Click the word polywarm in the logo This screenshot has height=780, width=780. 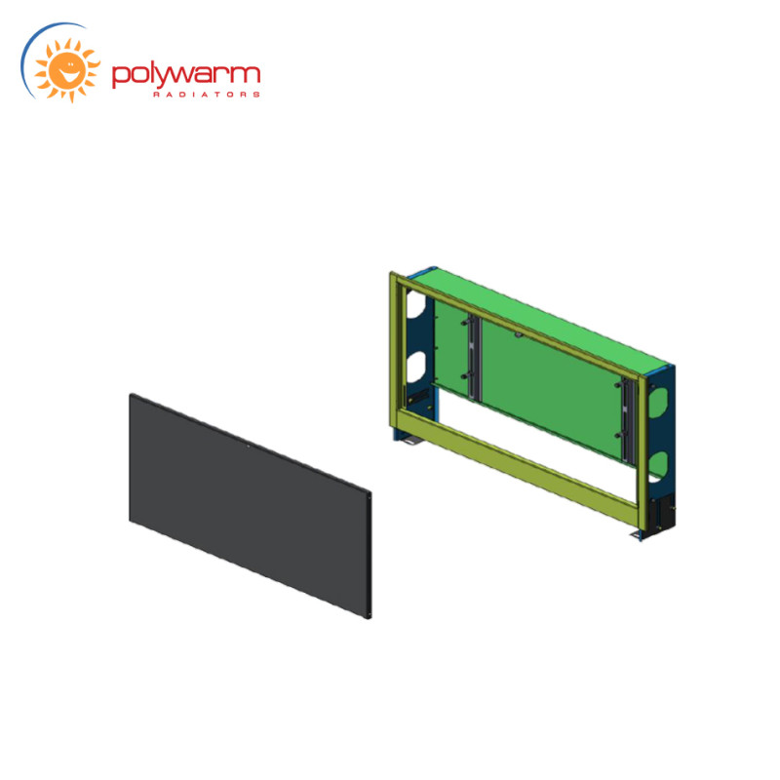click(186, 76)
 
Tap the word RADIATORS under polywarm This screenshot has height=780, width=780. click(207, 95)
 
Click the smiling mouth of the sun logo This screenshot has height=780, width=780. click(68, 74)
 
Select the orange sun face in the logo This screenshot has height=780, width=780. click(67, 70)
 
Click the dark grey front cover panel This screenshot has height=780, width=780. click(251, 506)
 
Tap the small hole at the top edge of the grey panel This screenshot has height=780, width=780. click(249, 447)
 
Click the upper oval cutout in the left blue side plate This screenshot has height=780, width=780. click(416, 305)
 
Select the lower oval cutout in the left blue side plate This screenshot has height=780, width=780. click(416, 368)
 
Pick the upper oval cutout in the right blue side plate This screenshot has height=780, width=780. click(657, 402)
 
